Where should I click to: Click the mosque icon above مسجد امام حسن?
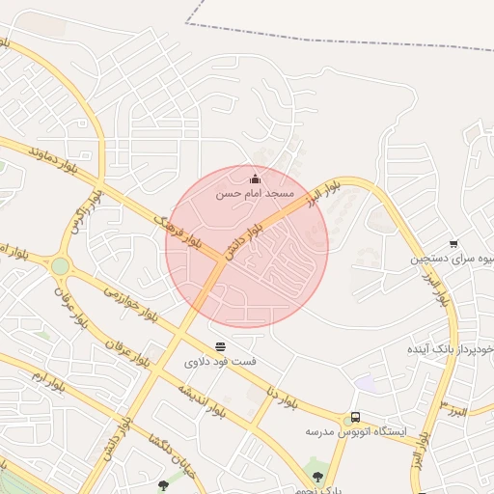pos(255,178)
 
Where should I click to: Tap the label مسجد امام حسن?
pos(254,194)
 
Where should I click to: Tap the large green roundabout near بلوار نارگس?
pos(61,265)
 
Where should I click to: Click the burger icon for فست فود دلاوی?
pos(221,346)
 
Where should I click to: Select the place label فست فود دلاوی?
pos(221,362)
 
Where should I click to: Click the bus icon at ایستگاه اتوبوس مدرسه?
pos(356,417)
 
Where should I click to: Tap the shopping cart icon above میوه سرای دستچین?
pos(453,244)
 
